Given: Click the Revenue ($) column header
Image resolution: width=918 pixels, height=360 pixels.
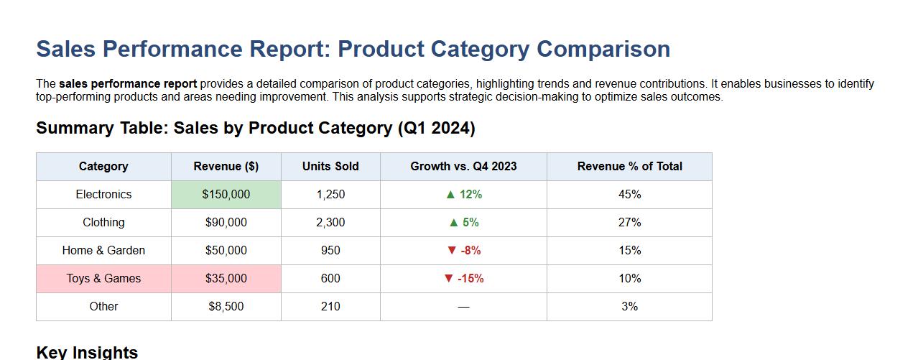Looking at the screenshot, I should (226, 166).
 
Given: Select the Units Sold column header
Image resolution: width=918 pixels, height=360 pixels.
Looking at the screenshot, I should (330, 166).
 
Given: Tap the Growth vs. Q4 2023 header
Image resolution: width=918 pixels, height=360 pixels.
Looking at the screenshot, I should (463, 166).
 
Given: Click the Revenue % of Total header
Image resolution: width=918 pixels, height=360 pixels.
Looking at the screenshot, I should (629, 166).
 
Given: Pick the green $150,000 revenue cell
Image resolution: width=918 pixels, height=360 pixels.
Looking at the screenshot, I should (226, 194).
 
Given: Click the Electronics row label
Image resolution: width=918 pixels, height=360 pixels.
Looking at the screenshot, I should (103, 194).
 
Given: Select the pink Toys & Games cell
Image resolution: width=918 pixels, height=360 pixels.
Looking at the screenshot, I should (103, 278).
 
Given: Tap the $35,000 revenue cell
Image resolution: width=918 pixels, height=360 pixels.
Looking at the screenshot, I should (226, 278).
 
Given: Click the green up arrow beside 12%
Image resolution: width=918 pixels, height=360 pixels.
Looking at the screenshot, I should (450, 194).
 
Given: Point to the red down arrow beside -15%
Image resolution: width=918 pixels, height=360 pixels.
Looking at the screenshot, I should (449, 278).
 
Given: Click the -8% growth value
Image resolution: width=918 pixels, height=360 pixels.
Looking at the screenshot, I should (470, 250).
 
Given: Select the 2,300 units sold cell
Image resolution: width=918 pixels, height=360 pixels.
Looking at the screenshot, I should (330, 222).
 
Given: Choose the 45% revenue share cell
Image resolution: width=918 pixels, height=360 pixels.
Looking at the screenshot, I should (629, 194).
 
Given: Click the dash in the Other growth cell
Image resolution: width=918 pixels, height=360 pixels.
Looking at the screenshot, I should (463, 307).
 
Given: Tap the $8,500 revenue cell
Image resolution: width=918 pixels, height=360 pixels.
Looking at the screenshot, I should (226, 306).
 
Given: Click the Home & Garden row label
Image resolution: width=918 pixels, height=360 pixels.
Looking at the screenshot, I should (103, 250).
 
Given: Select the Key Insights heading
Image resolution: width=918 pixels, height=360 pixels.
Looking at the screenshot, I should (87, 352).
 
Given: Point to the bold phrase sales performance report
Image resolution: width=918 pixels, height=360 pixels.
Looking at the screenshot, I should (128, 83).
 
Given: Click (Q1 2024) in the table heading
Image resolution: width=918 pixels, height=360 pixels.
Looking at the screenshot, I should (436, 128).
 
